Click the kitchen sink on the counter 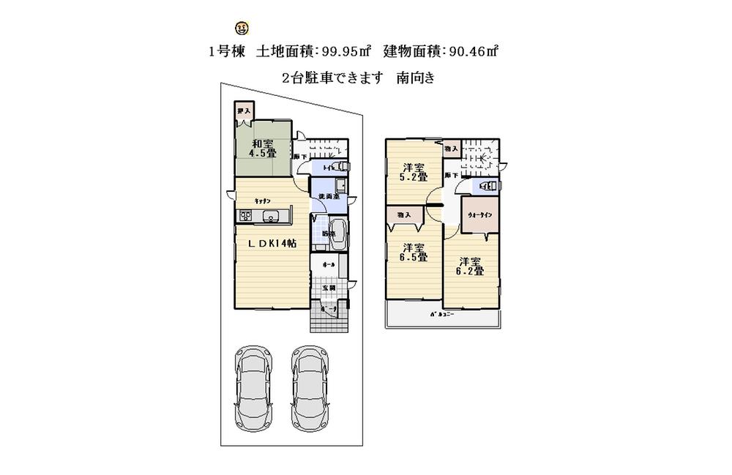[x=271, y=215]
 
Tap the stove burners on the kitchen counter [x=244, y=215]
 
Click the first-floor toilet [x=340, y=167]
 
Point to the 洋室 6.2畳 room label [x=471, y=266]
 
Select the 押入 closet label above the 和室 [x=244, y=111]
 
